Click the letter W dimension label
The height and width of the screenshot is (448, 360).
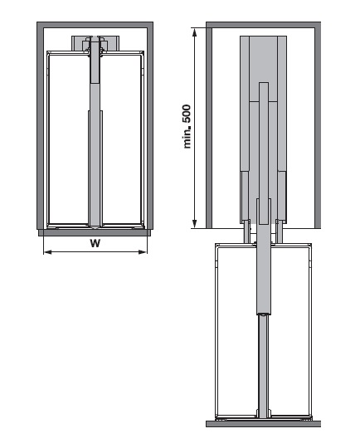point(95,243)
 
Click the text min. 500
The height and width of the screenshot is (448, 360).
point(187,127)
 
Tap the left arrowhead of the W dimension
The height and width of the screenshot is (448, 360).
point(47,252)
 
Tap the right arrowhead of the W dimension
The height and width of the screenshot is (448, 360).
point(143,252)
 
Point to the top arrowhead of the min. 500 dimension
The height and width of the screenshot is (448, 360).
point(195,32)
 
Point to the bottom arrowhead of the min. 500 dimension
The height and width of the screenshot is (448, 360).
point(195,224)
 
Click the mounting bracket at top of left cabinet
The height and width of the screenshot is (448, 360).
point(95,43)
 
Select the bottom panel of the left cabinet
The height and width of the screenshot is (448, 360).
point(95,232)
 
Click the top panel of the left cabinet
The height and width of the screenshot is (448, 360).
point(95,25)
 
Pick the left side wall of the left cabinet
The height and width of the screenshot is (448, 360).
point(41,126)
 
